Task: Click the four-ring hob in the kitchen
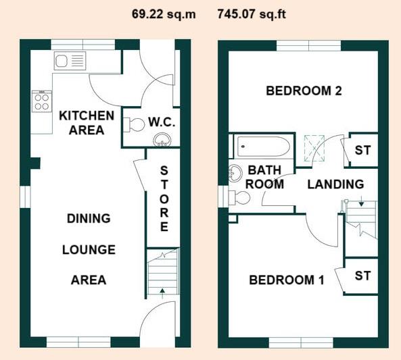pos(41,101)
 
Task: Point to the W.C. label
pos(162,123)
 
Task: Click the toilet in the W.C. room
pos(134,124)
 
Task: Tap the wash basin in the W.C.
pos(162,140)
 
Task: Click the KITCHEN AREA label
pos(87,122)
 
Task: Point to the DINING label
pos(89,218)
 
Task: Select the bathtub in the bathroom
pos(263,145)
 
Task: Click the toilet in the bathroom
pos(239,197)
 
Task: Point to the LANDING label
pos(335,184)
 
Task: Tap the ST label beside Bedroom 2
pos(362,150)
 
